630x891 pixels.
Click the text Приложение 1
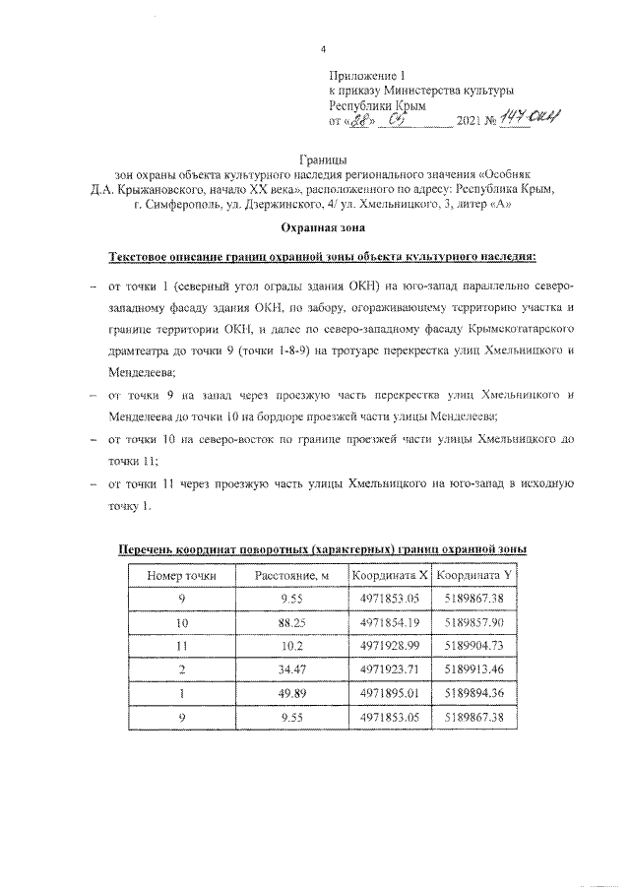365,75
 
